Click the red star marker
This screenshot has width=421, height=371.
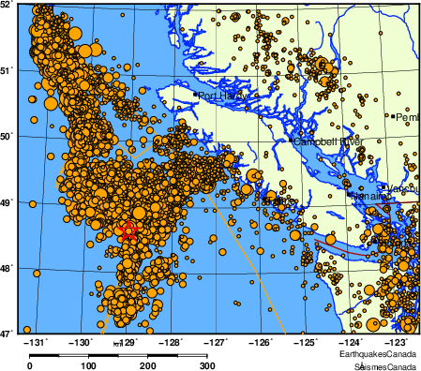128,230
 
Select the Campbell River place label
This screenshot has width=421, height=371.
327,141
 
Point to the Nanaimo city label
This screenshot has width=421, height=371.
368,197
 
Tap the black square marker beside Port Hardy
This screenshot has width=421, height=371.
195,95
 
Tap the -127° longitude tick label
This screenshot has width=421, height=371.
217,343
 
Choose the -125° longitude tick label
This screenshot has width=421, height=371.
307,343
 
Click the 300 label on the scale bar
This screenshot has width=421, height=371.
207,365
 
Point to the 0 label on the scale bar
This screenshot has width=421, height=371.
30,365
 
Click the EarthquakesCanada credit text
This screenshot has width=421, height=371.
380,357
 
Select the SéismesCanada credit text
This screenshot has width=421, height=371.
380,366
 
